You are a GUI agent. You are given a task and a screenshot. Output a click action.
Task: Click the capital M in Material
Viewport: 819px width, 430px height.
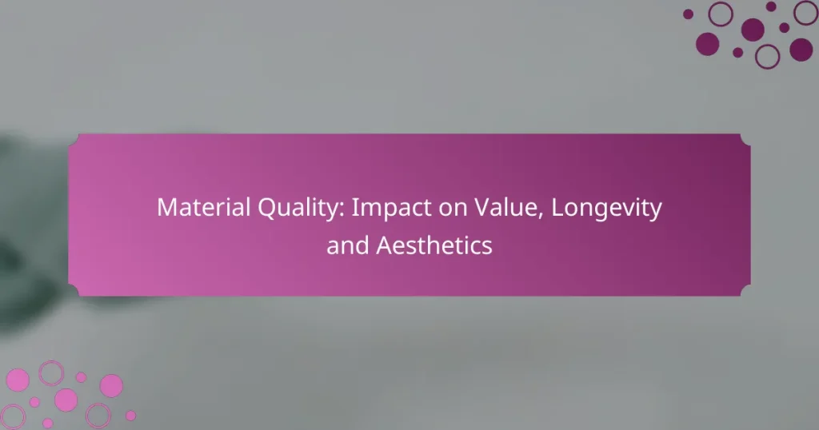pyautogui.click(x=166, y=208)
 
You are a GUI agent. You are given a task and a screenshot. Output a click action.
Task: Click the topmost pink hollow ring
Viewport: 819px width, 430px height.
pyautogui.click(x=51, y=372)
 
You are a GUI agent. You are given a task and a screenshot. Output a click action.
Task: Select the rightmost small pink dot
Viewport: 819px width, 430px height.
pyautogui.click(x=130, y=416)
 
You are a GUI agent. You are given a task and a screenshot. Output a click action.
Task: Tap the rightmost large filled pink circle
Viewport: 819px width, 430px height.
pyautogui.click(x=111, y=386)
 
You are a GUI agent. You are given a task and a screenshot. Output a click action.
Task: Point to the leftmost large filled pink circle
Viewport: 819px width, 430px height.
pyautogui.click(x=17, y=380)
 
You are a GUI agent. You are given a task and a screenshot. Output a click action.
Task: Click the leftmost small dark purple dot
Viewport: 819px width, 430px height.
pyautogui.click(x=688, y=14)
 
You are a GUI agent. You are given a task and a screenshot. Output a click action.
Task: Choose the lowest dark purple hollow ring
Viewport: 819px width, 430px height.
pyautogui.click(x=768, y=55)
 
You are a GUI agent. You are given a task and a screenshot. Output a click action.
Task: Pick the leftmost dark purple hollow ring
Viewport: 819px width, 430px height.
pyautogui.click(x=721, y=14)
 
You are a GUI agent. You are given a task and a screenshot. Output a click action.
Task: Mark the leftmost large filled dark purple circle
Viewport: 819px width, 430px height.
pyautogui.click(x=708, y=44)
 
